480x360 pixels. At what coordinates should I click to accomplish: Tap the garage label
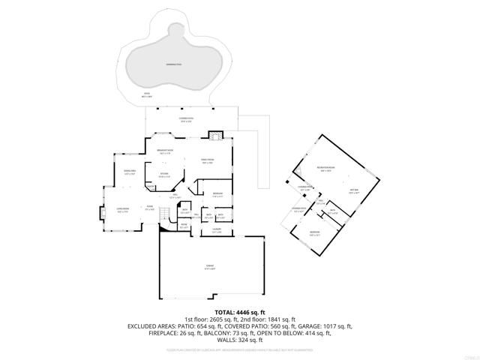210,268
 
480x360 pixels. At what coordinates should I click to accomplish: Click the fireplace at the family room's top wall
215,136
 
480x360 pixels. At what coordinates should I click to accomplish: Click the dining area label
128,172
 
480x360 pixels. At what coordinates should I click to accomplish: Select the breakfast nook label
166,152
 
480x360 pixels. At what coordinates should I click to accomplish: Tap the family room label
208,161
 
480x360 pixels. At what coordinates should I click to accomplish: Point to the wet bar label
355,192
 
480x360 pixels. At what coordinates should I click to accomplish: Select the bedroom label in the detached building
314,233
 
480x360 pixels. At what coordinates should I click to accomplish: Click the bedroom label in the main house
217,194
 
